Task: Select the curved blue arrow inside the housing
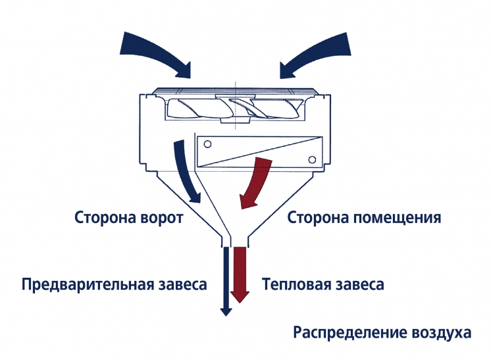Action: click(x=185, y=169)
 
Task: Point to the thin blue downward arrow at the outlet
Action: click(x=226, y=281)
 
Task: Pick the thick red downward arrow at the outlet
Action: click(x=240, y=274)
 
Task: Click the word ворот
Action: click(x=162, y=218)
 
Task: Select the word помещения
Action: click(x=398, y=218)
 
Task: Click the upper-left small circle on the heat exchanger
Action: click(x=207, y=144)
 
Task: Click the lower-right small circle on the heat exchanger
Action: click(x=312, y=160)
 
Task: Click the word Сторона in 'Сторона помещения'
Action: click(x=319, y=217)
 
